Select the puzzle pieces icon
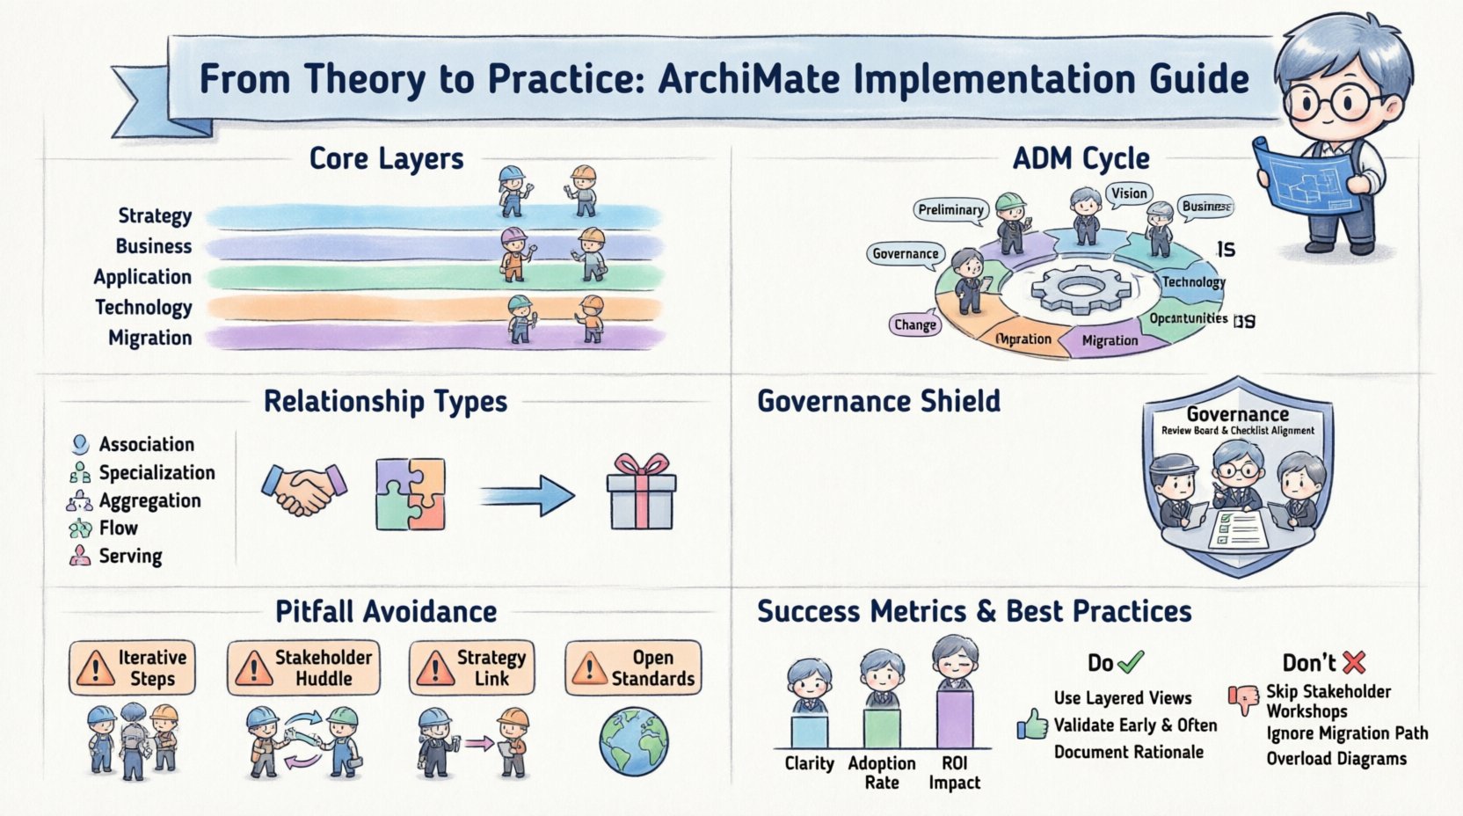click(x=411, y=493)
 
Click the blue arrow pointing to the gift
click(x=528, y=496)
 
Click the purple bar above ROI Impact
click(x=954, y=718)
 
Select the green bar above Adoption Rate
click(x=881, y=727)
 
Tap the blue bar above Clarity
click(x=809, y=731)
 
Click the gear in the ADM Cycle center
click(x=1078, y=291)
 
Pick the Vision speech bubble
click(x=1128, y=194)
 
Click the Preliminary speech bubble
click(x=950, y=209)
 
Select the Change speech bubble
click(x=914, y=324)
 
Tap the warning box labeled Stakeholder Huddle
click(x=303, y=668)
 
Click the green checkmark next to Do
click(x=1130, y=661)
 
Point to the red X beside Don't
click(x=1354, y=662)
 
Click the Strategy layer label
click(x=155, y=216)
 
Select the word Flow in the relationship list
click(x=118, y=528)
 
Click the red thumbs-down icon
click(x=1244, y=699)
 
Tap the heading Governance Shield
click(x=878, y=402)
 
